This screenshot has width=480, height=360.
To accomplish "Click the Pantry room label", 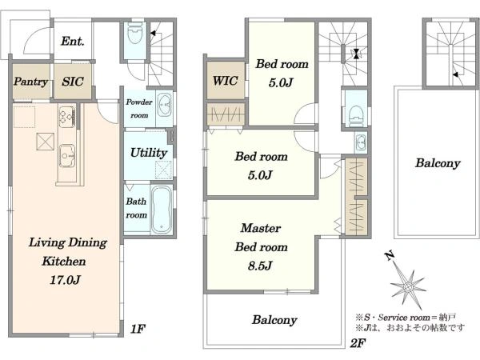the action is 30,82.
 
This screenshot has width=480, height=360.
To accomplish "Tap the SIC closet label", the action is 73,82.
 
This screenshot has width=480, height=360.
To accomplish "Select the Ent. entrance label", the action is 73,41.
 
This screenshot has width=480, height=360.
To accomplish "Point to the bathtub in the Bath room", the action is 162,210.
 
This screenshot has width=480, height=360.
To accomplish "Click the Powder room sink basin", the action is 165,105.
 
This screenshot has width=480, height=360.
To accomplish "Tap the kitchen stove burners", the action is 66,117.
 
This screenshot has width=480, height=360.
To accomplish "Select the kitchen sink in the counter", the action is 66,156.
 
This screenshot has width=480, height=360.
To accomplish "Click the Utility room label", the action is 149,153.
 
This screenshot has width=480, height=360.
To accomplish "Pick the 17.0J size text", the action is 66,280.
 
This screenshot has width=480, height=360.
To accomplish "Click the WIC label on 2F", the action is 226,81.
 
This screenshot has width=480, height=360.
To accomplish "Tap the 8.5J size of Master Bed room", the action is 260,266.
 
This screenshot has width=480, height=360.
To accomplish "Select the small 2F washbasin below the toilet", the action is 362,142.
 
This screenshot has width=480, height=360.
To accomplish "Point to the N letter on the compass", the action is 389,255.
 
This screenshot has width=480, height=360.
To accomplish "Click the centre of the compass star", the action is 408,287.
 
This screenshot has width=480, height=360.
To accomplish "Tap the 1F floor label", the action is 138,329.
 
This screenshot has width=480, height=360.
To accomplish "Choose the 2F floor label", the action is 358,343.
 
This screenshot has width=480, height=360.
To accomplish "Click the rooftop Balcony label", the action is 438,163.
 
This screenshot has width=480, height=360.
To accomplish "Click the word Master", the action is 261,228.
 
